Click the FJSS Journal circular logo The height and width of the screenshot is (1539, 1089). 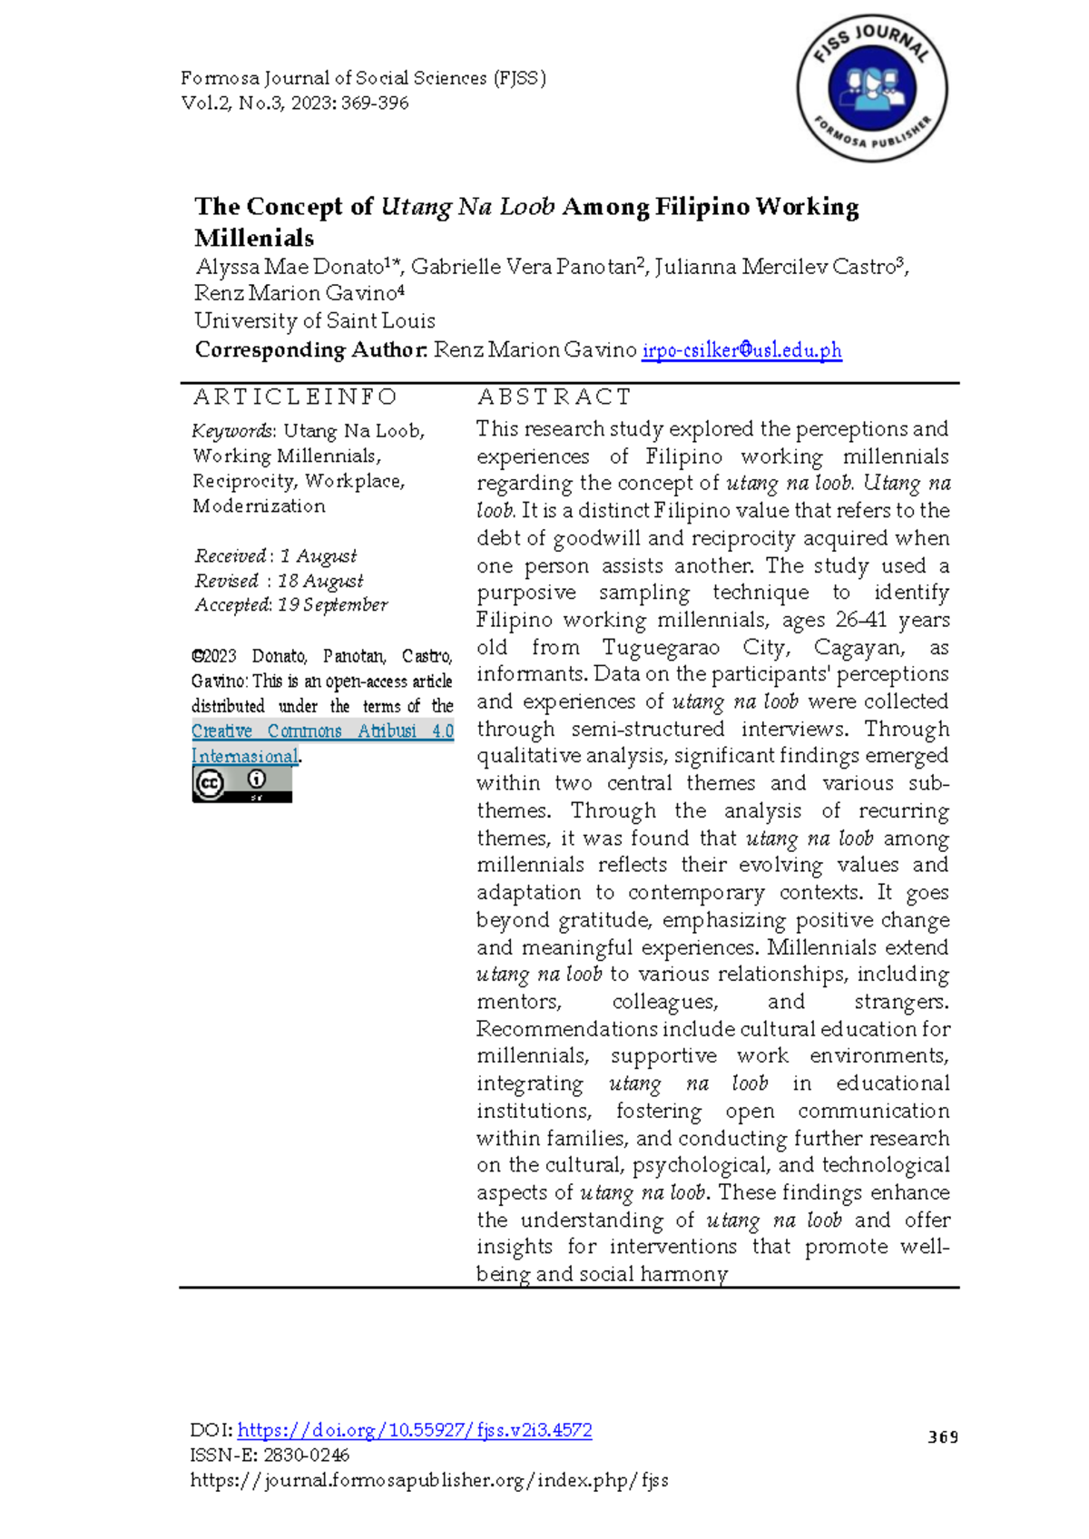[872, 89]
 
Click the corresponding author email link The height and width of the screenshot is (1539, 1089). [741, 350]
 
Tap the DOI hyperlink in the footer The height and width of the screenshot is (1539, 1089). [414, 1430]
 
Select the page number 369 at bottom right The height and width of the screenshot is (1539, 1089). [943, 1436]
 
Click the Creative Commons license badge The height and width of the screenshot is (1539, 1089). [241, 784]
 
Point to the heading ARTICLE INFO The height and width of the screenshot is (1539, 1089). [295, 397]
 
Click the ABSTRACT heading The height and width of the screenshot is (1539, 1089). [554, 397]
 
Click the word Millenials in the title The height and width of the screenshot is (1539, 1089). [254, 238]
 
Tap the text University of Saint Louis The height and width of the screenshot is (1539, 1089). [315, 321]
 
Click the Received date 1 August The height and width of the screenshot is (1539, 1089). [318, 555]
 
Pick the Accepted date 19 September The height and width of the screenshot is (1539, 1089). [332, 604]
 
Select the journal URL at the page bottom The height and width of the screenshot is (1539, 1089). [428, 1481]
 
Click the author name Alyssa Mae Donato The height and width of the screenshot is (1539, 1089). [290, 267]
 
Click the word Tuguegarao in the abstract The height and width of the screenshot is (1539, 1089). [661, 648]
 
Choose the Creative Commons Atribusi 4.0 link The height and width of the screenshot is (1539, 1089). [322, 731]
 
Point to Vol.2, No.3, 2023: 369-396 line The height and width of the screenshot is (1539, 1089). [295, 103]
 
